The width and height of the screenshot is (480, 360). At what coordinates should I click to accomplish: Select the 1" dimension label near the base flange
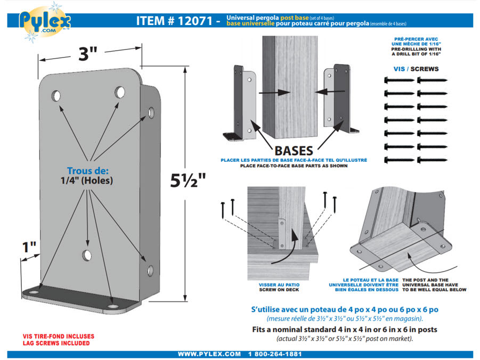(x=30, y=248)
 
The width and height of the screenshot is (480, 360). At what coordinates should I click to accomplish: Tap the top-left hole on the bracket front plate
(x=56, y=96)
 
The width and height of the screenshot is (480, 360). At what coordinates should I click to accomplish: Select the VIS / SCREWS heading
(x=417, y=69)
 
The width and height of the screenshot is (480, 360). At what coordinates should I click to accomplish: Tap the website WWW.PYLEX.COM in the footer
(x=209, y=354)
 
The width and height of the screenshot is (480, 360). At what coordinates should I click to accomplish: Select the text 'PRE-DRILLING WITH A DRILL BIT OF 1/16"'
(x=417, y=52)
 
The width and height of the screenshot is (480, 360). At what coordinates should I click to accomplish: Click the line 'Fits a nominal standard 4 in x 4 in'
(x=344, y=329)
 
